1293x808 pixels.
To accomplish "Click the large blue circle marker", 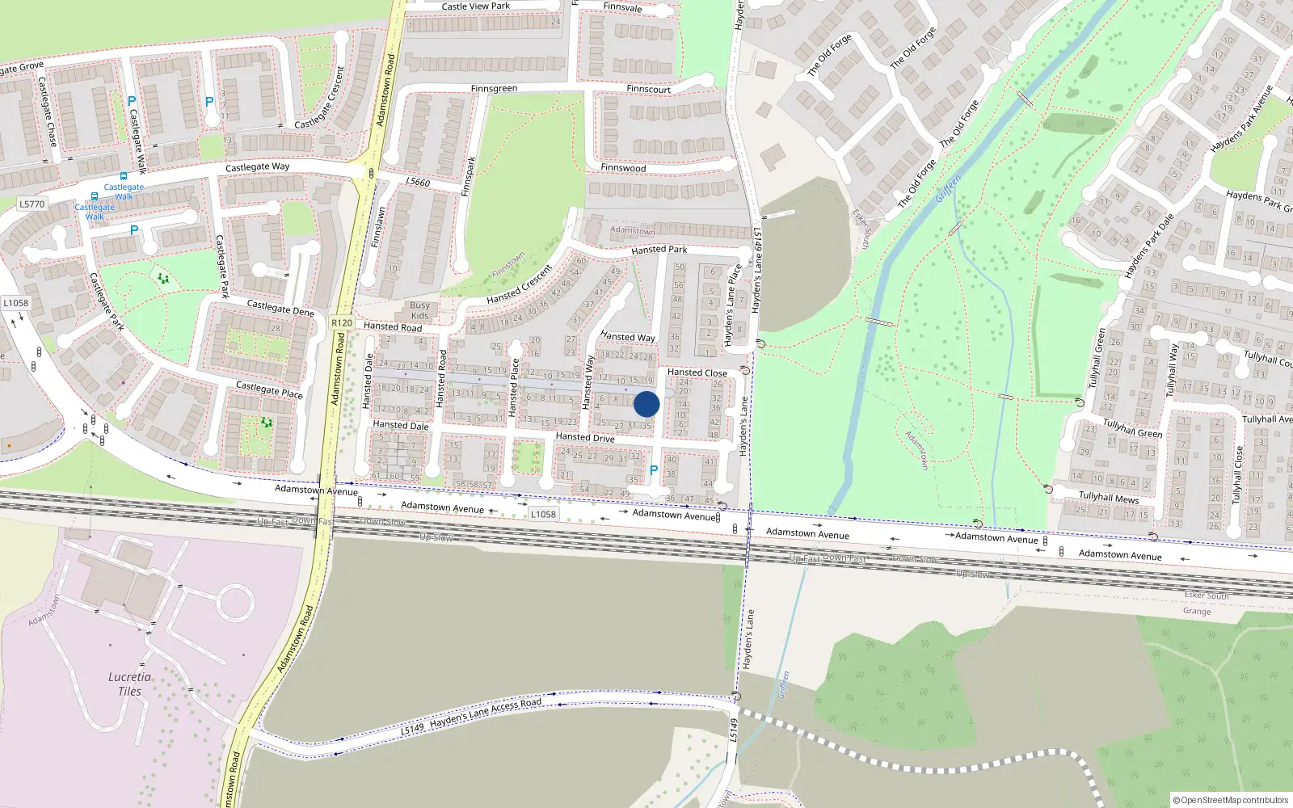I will coord(646,404).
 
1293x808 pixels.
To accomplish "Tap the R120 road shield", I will coord(342,322).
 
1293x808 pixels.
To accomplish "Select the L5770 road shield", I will coord(32,204).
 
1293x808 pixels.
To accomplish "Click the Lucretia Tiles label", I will coord(129,684).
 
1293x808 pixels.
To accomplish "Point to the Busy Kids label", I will coord(419,310).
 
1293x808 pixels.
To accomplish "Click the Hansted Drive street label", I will coord(585,437).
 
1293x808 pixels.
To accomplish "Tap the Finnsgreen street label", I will coord(494,89).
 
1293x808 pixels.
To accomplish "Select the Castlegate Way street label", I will coord(257,167).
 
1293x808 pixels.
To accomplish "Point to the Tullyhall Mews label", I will coord(1109,497).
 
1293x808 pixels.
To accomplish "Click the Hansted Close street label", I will coord(697,372).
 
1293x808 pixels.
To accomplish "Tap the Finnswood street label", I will coord(623,168).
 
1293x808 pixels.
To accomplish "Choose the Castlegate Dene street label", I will coord(280,308).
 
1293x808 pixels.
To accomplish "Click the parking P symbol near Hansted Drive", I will coord(654,469).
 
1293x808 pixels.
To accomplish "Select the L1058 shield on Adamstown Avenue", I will coord(543,514).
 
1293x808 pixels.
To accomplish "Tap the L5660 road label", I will coord(418,182).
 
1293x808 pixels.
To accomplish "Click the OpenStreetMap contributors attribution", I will coord(1230,800).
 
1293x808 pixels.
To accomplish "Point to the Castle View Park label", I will coord(476,6).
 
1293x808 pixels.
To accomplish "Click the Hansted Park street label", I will coord(659,250).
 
